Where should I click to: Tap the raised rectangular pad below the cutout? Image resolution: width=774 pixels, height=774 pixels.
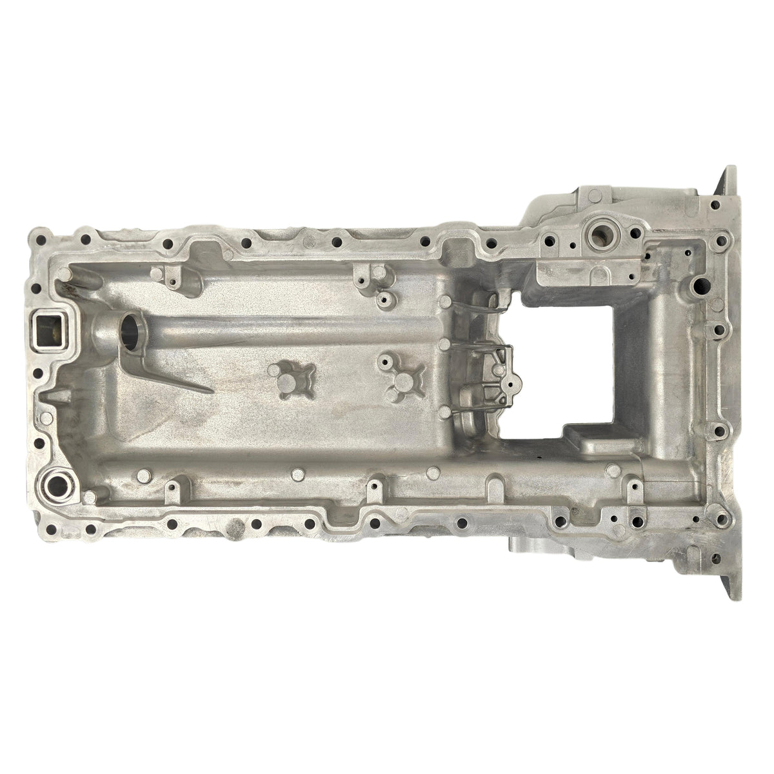pos(590,439)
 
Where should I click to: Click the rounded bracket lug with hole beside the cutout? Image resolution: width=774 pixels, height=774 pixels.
pos(510,384)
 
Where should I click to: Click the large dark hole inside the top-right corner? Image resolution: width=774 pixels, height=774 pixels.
pos(698,283)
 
